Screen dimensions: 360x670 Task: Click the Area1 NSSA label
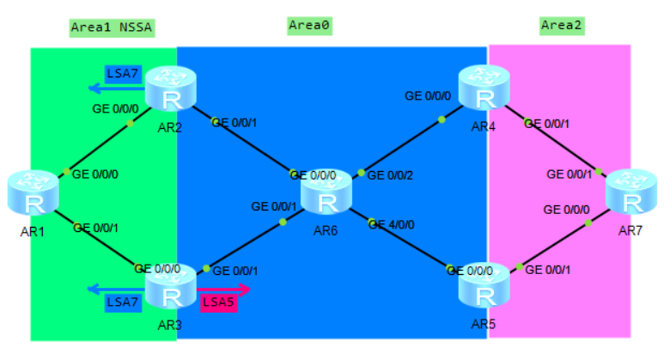(112, 27)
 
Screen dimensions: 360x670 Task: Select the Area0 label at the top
(309, 26)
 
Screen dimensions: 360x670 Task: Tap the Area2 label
(562, 26)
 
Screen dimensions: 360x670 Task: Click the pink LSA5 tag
(218, 302)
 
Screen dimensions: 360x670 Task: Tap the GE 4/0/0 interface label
(393, 224)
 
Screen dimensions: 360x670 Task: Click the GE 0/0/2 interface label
(391, 175)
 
